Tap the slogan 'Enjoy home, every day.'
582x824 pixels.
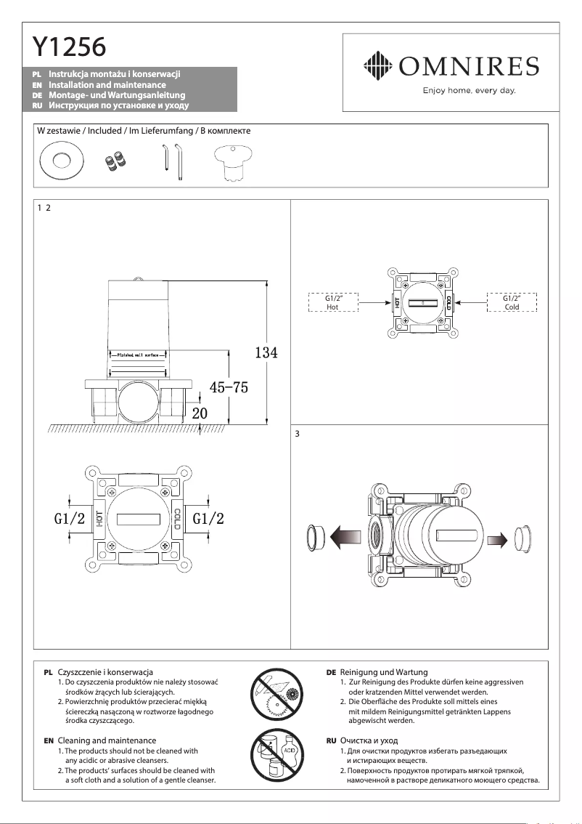[x=469, y=91]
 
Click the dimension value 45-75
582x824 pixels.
[x=229, y=388]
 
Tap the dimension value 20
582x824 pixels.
[x=200, y=412]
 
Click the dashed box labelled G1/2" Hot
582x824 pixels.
[x=333, y=302]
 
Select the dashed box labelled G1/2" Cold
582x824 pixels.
[x=512, y=302]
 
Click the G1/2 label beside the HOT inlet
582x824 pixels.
[x=70, y=519]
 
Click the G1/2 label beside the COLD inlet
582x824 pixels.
[x=208, y=519]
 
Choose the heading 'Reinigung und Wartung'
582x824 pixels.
[x=384, y=672]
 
